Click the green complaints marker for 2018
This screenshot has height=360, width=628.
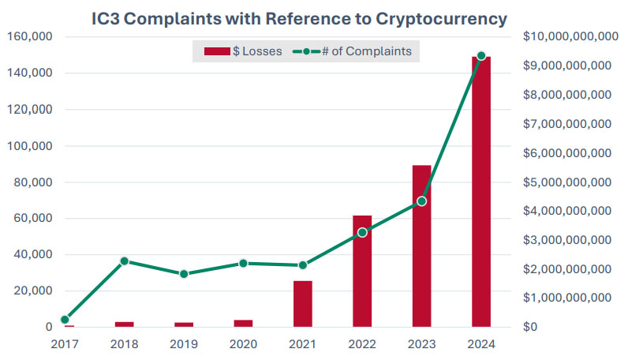coord(124,261)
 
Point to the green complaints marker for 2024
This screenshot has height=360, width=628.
coord(481,56)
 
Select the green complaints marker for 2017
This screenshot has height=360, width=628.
coord(65,320)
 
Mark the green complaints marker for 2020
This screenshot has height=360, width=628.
coord(243,264)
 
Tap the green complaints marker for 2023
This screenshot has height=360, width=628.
coord(421,201)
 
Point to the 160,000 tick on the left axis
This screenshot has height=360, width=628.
coord(29,37)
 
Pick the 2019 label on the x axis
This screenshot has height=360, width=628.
coord(184,344)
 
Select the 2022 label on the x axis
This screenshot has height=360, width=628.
coord(362,344)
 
